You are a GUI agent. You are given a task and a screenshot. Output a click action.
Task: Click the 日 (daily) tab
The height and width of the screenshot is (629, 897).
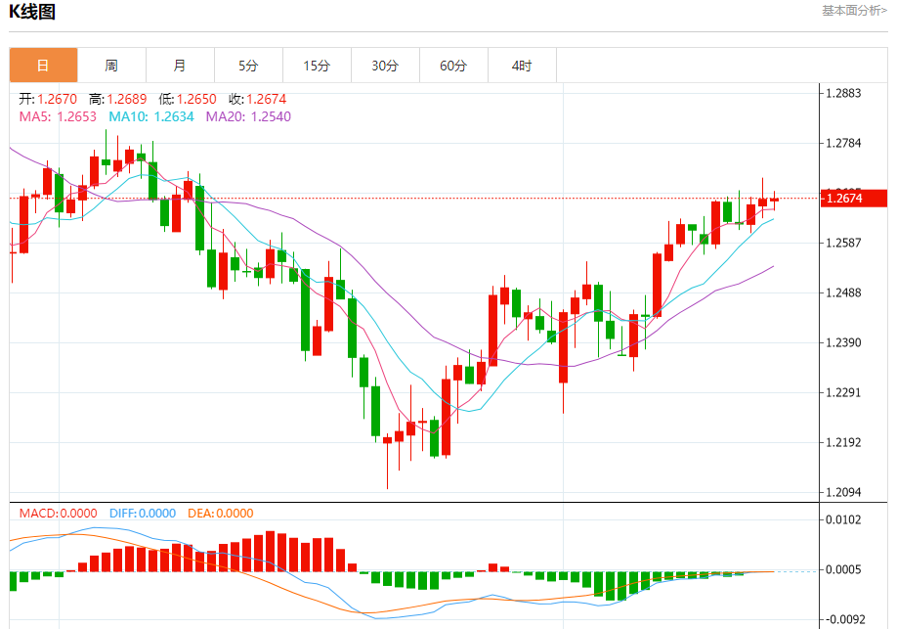click(43, 66)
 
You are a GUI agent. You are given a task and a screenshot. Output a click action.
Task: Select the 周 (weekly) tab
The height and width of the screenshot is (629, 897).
click(111, 66)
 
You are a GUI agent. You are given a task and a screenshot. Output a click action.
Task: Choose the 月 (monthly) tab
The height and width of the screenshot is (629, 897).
click(180, 66)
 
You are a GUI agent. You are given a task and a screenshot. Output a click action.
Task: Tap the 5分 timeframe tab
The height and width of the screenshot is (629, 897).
click(248, 66)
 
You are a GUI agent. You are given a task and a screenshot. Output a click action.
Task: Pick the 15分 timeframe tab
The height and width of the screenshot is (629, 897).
click(317, 66)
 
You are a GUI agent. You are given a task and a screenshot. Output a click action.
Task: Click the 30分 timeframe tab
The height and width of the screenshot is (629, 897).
click(385, 66)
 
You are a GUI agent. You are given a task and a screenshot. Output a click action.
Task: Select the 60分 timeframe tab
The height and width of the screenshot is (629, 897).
click(453, 66)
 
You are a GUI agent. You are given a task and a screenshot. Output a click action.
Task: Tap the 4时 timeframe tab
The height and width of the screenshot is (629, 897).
click(522, 66)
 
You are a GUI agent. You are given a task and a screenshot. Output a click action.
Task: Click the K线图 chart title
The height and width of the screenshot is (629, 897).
click(33, 12)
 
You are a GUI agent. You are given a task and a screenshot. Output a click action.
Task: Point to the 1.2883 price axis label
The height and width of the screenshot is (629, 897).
click(843, 94)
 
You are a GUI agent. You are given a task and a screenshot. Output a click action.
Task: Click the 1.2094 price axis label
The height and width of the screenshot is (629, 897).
click(843, 492)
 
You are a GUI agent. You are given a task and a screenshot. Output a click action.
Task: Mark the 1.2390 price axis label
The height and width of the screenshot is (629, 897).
click(843, 342)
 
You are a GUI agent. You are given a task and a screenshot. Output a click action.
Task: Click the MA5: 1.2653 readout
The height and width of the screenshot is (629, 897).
click(58, 116)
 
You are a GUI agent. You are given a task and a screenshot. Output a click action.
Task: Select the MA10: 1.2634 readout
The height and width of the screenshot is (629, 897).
click(150, 116)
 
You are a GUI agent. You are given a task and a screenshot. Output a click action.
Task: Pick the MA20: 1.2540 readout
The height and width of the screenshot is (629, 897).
click(248, 116)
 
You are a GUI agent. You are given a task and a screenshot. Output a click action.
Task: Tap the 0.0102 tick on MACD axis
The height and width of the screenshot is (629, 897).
click(843, 519)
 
